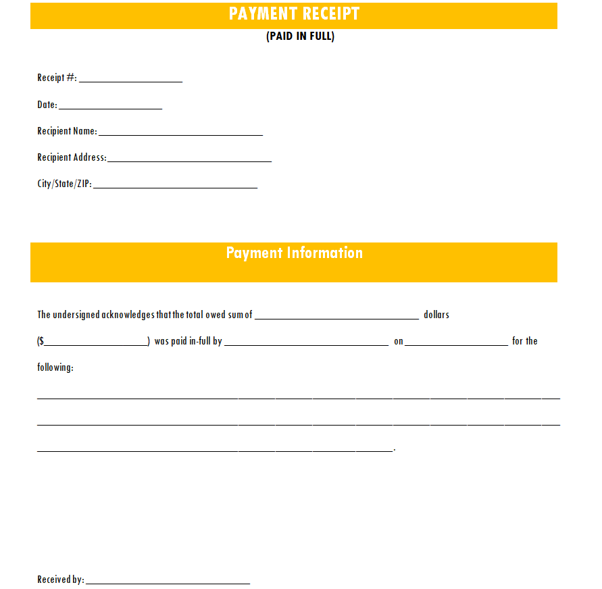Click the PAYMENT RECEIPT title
pos(294,14)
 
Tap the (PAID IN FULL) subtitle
pos(300,36)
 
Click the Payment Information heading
pos(294,253)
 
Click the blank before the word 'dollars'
pos(336,316)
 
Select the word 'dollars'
pos(436,315)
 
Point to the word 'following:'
pos(55,368)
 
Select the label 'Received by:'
pos(61,580)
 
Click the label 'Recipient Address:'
pos(72,157)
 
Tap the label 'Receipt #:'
pos(57,78)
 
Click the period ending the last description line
pos(394,449)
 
